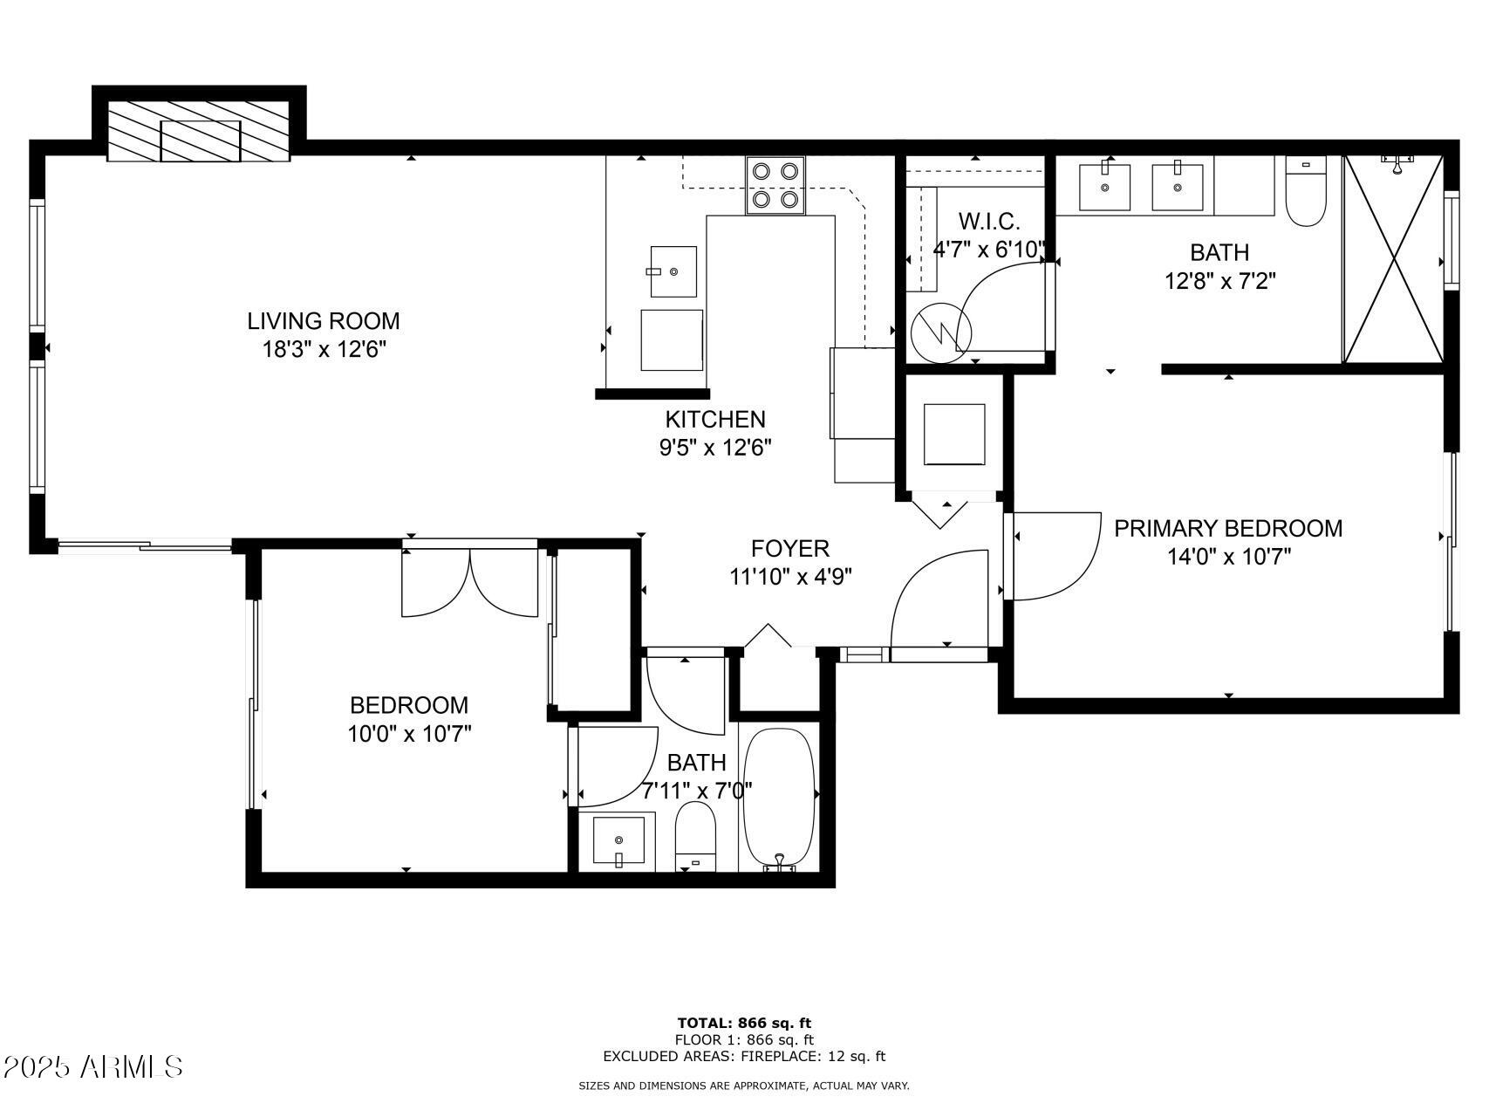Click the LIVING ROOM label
tap(323, 321)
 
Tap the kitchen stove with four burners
tap(775, 185)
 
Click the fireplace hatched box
tap(200, 131)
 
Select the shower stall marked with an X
tap(1393, 259)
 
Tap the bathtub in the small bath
tap(779, 798)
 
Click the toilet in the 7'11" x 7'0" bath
tap(695, 836)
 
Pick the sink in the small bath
tap(618, 841)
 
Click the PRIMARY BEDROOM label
tap(1228, 528)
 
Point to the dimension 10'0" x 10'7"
tap(409, 734)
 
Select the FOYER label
tap(789, 548)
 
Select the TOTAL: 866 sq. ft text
tap(744, 1023)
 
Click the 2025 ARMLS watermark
tap(92, 1066)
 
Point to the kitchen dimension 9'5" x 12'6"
tap(715, 448)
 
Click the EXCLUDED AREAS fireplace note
tap(744, 1056)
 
